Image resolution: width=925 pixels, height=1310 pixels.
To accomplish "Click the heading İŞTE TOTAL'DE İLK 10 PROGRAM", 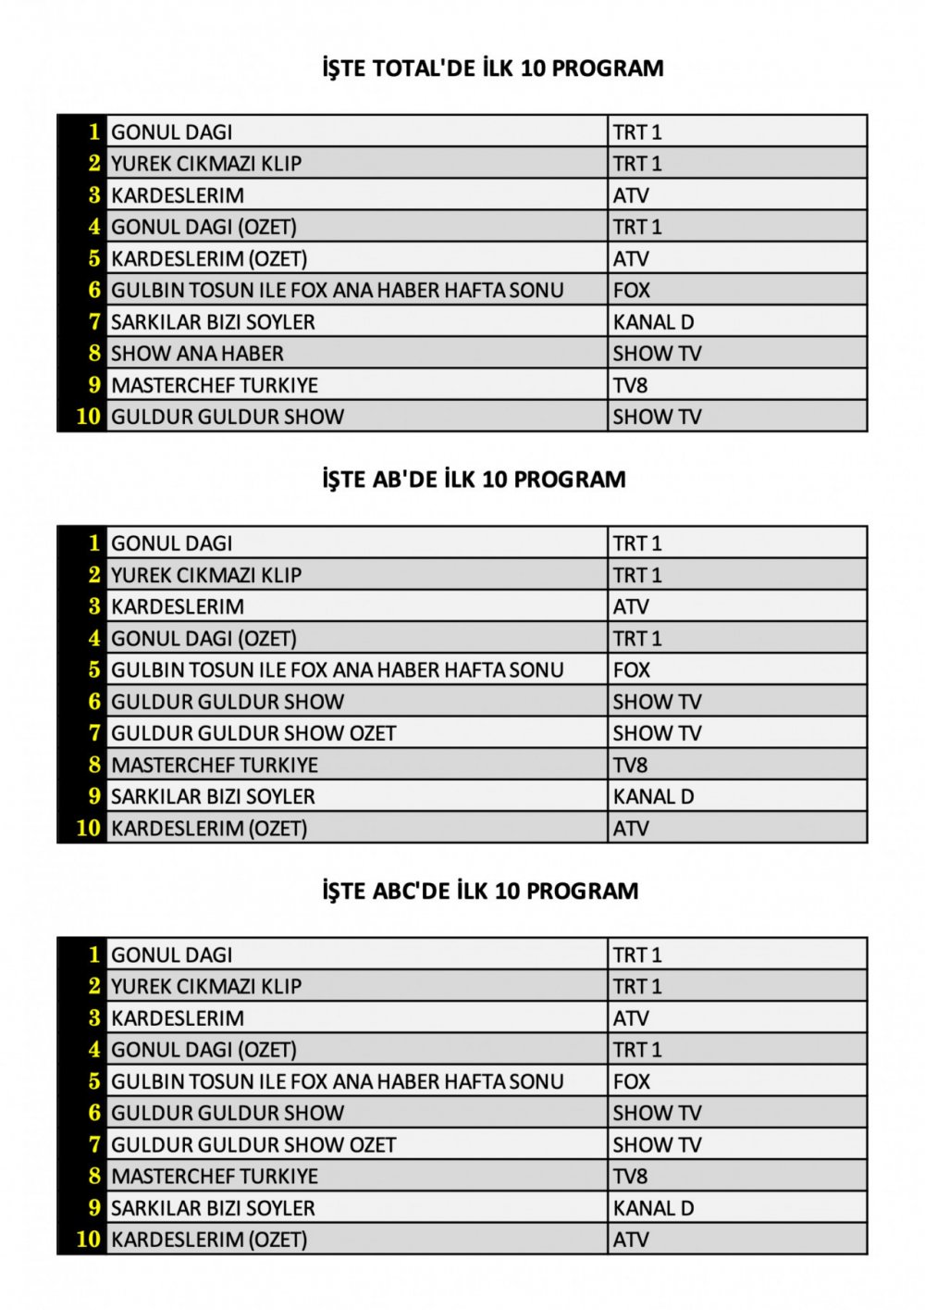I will tap(492, 69).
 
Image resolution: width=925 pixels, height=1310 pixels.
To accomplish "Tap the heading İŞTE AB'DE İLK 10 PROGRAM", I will tap(474, 480).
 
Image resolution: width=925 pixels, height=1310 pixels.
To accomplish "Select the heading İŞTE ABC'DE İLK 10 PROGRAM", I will tap(480, 891).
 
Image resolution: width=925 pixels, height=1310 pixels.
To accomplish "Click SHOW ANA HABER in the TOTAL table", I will tap(197, 354).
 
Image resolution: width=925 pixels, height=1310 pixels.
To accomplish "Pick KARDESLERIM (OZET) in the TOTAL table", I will tap(209, 258).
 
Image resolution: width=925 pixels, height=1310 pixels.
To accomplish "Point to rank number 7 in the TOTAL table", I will tap(93, 321).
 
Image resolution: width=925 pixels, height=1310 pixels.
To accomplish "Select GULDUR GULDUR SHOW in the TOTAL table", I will tap(228, 417).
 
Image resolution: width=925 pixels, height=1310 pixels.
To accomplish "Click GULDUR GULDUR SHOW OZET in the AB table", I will tap(253, 733).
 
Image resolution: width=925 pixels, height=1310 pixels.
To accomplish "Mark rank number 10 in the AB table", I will tap(88, 828).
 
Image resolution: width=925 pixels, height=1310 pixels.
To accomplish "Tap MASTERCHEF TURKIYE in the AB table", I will tap(215, 765).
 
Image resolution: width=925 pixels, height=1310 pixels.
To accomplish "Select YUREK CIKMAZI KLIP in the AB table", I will tap(206, 575).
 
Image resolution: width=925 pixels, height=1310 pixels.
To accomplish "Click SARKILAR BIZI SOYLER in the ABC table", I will tap(213, 1208).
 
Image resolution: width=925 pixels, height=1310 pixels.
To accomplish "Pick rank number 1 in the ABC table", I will tap(93, 954).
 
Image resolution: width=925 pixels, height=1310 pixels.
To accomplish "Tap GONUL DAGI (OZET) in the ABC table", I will tap(203, 1050).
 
